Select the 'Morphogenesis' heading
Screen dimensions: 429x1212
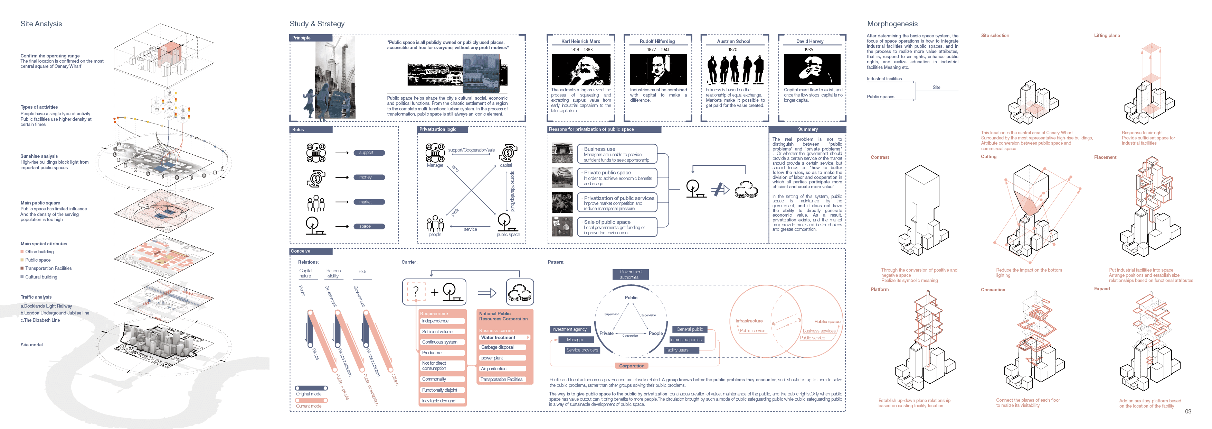pyautogui.click(x=892, y=24)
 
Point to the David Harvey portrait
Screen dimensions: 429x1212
pyautogui.click(x=812, y=70)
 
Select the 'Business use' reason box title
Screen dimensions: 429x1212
pyautogui.click(x=599, y=149)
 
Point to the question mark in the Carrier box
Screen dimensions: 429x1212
pyautogui.click(x=415, y=292)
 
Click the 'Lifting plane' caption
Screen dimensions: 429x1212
pyautogui.click(x=1107, y=36)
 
